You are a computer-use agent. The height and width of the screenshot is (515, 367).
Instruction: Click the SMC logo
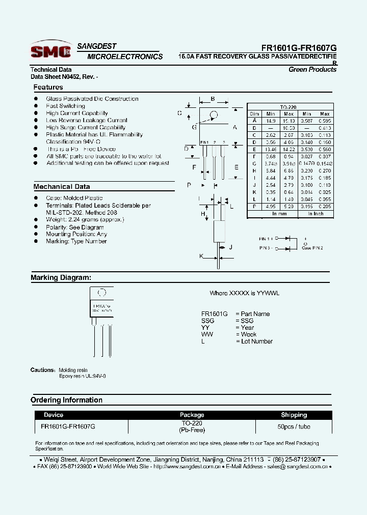click(x=50, y=50)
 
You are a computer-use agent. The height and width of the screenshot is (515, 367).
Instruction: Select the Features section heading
click(x=48, y=88)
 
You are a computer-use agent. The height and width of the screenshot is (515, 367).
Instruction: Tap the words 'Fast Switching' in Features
click(x=65, y=106)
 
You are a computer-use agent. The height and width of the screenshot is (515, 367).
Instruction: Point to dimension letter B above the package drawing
click(x=213, y=99)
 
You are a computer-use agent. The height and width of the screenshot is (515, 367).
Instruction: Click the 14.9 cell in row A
click(x=271, y=121)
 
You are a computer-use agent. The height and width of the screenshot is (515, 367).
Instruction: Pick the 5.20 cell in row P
click(x=289, y=207)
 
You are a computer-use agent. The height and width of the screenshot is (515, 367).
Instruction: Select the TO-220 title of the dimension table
click(x=289, y=107)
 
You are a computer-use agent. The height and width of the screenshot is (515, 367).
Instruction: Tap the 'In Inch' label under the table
click(x=316, y=214)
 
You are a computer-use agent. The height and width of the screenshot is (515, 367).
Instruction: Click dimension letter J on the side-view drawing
click(x=230, y=247)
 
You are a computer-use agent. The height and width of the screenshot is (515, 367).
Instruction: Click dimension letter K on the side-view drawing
click(x=201, y=256)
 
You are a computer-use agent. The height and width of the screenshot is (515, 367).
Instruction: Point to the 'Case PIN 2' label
click(x=312, y=248)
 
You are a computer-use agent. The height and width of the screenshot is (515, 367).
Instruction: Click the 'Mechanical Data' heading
click(x=62, y=187)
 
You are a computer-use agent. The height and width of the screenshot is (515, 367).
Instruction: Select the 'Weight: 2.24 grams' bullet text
click(x=85, y=219)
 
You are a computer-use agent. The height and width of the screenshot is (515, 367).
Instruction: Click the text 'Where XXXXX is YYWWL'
click(x=242, y=294)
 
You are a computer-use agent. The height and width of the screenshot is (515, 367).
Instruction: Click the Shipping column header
click(x=294, y=415)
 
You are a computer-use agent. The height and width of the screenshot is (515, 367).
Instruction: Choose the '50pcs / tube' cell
click(x=294, y=426)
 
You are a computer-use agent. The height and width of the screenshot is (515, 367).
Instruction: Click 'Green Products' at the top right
click(x=312, y=70)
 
